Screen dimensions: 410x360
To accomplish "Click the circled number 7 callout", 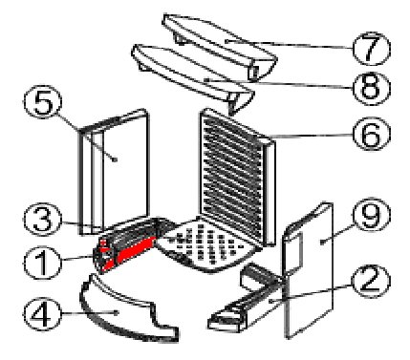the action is coord(372,49).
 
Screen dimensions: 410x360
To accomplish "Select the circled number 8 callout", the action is coord(372,89).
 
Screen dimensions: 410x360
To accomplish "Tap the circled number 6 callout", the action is coord(372,134).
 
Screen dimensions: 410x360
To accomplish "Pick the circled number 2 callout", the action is coord(372,282).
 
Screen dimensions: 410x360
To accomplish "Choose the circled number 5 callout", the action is coord(42,102).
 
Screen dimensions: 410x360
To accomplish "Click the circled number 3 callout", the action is coord(42,220).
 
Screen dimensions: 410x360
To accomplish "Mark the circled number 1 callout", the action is coord(42,263).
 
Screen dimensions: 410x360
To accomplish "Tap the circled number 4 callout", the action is coord(42,314).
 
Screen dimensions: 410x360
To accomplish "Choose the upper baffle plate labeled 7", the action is coord(220,45).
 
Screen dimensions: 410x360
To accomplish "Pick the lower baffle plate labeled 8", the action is coord(191,76).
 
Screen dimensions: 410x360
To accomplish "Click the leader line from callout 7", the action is coord(290,44).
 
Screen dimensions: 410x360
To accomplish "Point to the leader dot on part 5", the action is coord(115,159).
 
